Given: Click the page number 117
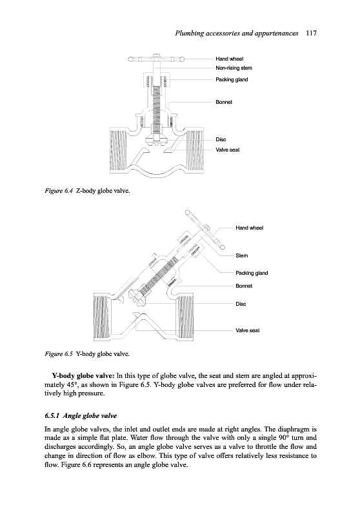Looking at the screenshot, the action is point(311,33).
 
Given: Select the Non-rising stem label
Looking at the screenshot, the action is point(234,68).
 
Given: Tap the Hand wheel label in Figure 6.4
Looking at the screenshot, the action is point(230,59).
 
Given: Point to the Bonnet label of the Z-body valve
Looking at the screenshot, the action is point(224,102).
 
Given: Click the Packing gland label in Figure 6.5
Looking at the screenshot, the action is point(252,273).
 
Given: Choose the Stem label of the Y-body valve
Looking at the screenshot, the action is point(241,255).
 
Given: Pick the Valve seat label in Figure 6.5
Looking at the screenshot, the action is point(248,330).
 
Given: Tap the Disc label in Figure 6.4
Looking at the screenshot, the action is point(221,139).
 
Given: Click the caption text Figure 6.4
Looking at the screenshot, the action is point(58,191).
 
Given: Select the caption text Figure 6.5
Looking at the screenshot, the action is point(58,354).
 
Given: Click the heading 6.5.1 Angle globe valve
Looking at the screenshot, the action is point(81,415).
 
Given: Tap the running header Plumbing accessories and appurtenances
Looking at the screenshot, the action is point(237,34).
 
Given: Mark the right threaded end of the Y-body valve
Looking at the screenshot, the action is point(185,317).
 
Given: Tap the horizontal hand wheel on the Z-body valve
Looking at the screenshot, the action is point(156,59).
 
